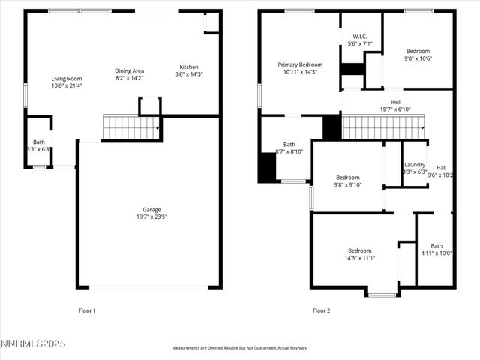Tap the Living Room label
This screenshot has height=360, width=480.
(67, 79)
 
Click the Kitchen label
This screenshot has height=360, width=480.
(188, 67)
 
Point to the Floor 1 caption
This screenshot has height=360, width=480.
(88, 310)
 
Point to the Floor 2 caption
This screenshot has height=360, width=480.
(321, 310)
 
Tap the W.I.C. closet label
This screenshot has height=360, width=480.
(360, 36)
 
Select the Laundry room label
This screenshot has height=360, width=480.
(415, 165)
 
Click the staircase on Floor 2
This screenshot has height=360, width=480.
(382, 127)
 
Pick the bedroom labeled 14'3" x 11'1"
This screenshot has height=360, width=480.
(361, 250)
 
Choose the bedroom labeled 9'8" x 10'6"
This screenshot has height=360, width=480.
(418, 51)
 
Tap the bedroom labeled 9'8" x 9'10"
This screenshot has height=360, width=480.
(347, 178)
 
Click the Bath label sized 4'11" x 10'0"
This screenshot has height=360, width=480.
(436, 246)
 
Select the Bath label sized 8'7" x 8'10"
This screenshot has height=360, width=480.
(289, 145)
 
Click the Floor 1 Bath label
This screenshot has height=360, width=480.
(38, 142)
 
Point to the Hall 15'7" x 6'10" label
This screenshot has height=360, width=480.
(395, 102)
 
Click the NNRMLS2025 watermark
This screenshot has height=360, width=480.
(33, 343)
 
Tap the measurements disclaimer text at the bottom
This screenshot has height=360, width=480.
(240, 348)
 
